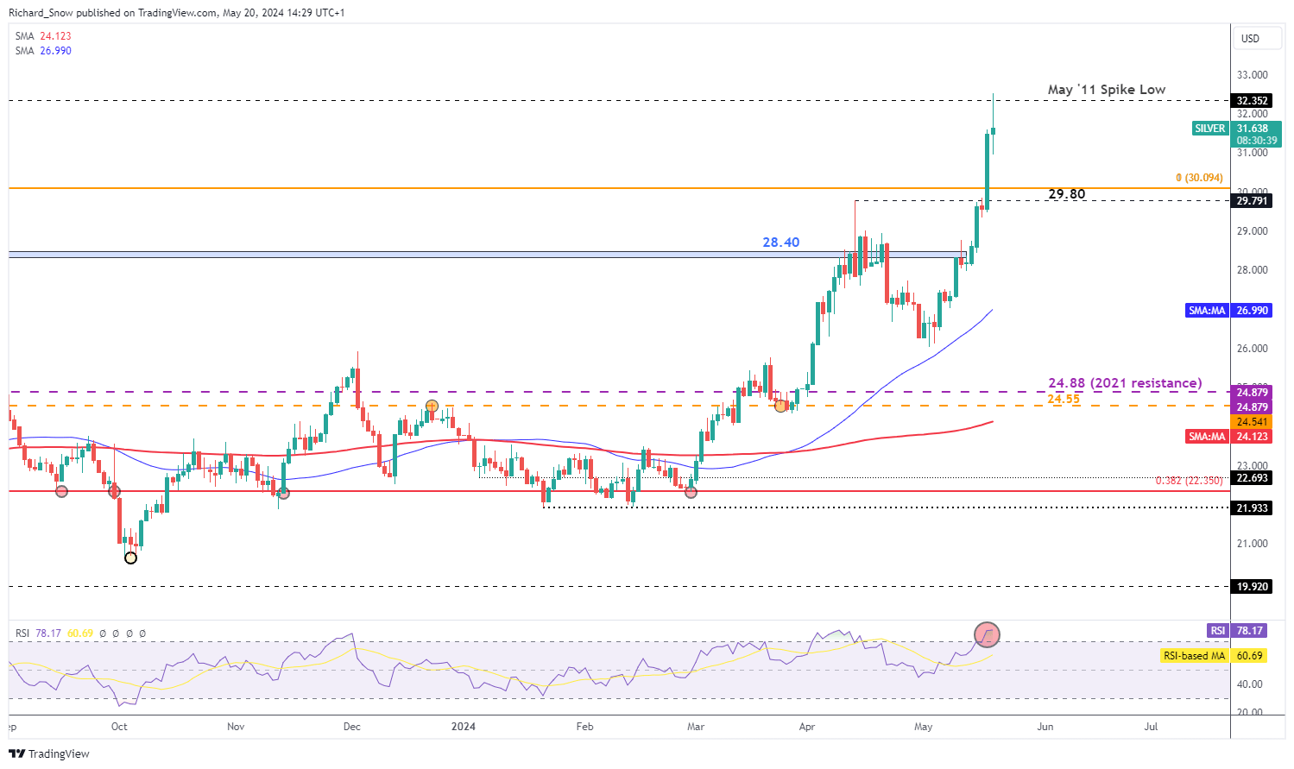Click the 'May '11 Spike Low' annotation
click(x=1106, y=90)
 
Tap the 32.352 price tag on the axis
click(x=1253, y=101)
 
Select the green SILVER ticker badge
click(x=1209, y=129)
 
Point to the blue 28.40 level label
click(x=780, y=243)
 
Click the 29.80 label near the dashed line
click(x=1066, y=194)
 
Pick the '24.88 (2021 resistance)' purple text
click(x=1124, y=383)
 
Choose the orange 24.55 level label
click(x=1064, y=399)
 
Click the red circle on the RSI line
click(x=987, y=635)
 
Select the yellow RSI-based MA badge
click(x=1194, y=656)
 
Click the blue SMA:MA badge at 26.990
click(x=1207, y=311)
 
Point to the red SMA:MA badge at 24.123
click(x=1207, y=437)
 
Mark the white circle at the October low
click(x=130, y=558)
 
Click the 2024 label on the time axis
click(x=464, y=727)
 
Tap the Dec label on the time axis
click(x=351, y=727)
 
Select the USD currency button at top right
click(x=1250, y=39)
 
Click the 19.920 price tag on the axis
click(x=1253, y=587)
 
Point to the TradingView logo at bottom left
click(x=49, y=753)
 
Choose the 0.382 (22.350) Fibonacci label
click(x=1189, y=481)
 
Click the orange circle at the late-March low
click(x=781, y=406)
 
